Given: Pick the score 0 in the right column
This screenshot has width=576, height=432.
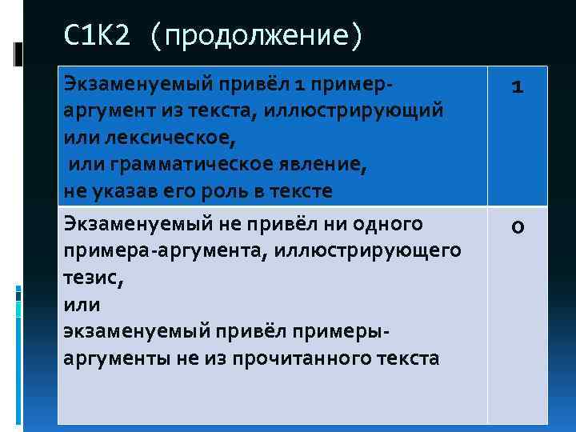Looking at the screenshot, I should click(518, 230).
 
